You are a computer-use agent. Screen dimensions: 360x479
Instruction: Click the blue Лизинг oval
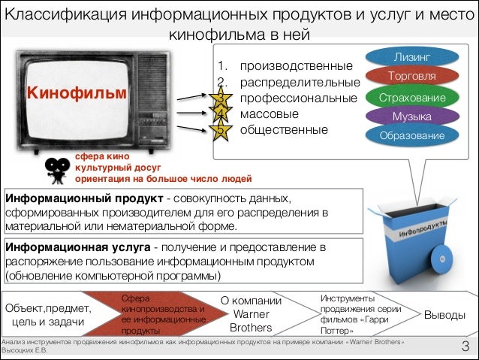[412, 57]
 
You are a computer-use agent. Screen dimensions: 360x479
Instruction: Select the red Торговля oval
[412, 77]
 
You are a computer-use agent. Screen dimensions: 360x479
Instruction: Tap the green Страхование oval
[412, 98]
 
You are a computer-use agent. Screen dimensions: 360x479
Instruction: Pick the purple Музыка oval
[412, 116]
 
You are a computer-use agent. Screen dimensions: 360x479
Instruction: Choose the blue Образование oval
[412, 135]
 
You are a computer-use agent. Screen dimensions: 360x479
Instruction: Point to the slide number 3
[465, 346]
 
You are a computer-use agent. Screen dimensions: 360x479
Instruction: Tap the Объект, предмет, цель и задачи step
[49, 315]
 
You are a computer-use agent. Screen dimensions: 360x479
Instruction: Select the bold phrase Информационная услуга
[77, 247]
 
